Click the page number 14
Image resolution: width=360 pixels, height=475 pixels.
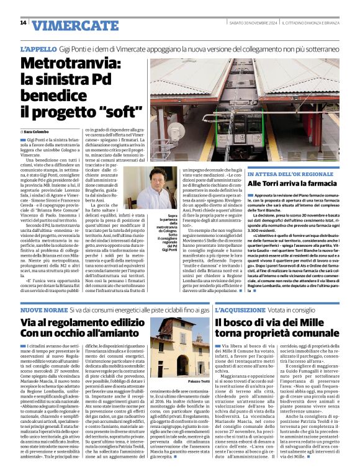coord(23,24)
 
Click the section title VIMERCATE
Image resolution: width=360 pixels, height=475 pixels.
coord(66,25)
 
